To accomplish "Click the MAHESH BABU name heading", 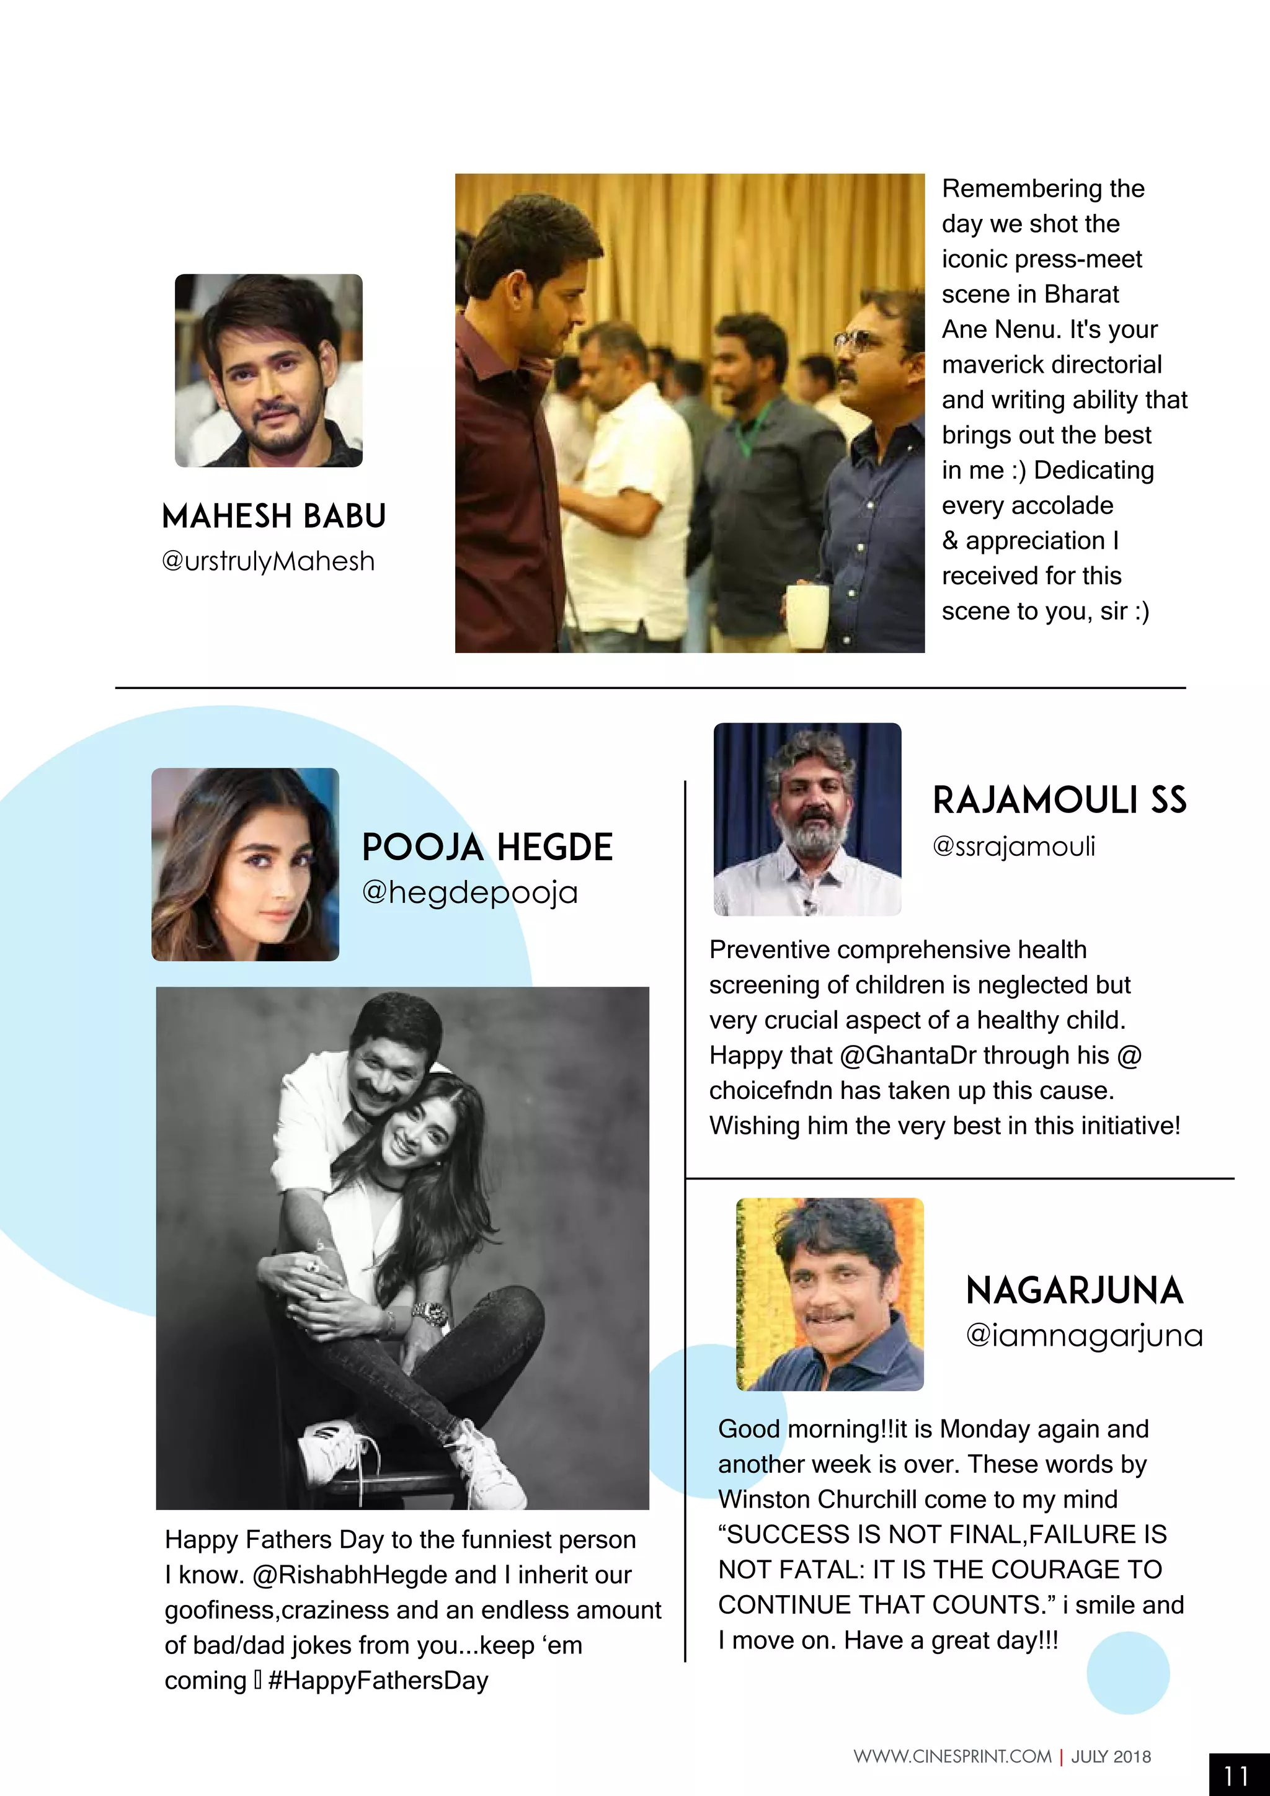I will (273, 516).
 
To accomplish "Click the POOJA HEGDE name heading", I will (487, 848).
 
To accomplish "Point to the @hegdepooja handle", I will (469, 892).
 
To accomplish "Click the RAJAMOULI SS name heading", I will (1060, 800).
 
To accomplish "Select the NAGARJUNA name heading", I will (1075, 1291).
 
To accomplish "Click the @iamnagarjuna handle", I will (1084, 1336).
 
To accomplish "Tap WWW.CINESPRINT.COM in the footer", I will (952, 1757).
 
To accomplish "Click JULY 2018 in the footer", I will (1111, 1757).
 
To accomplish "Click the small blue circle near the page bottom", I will (1127, 1673).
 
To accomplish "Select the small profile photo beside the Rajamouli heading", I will (807, 819).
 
